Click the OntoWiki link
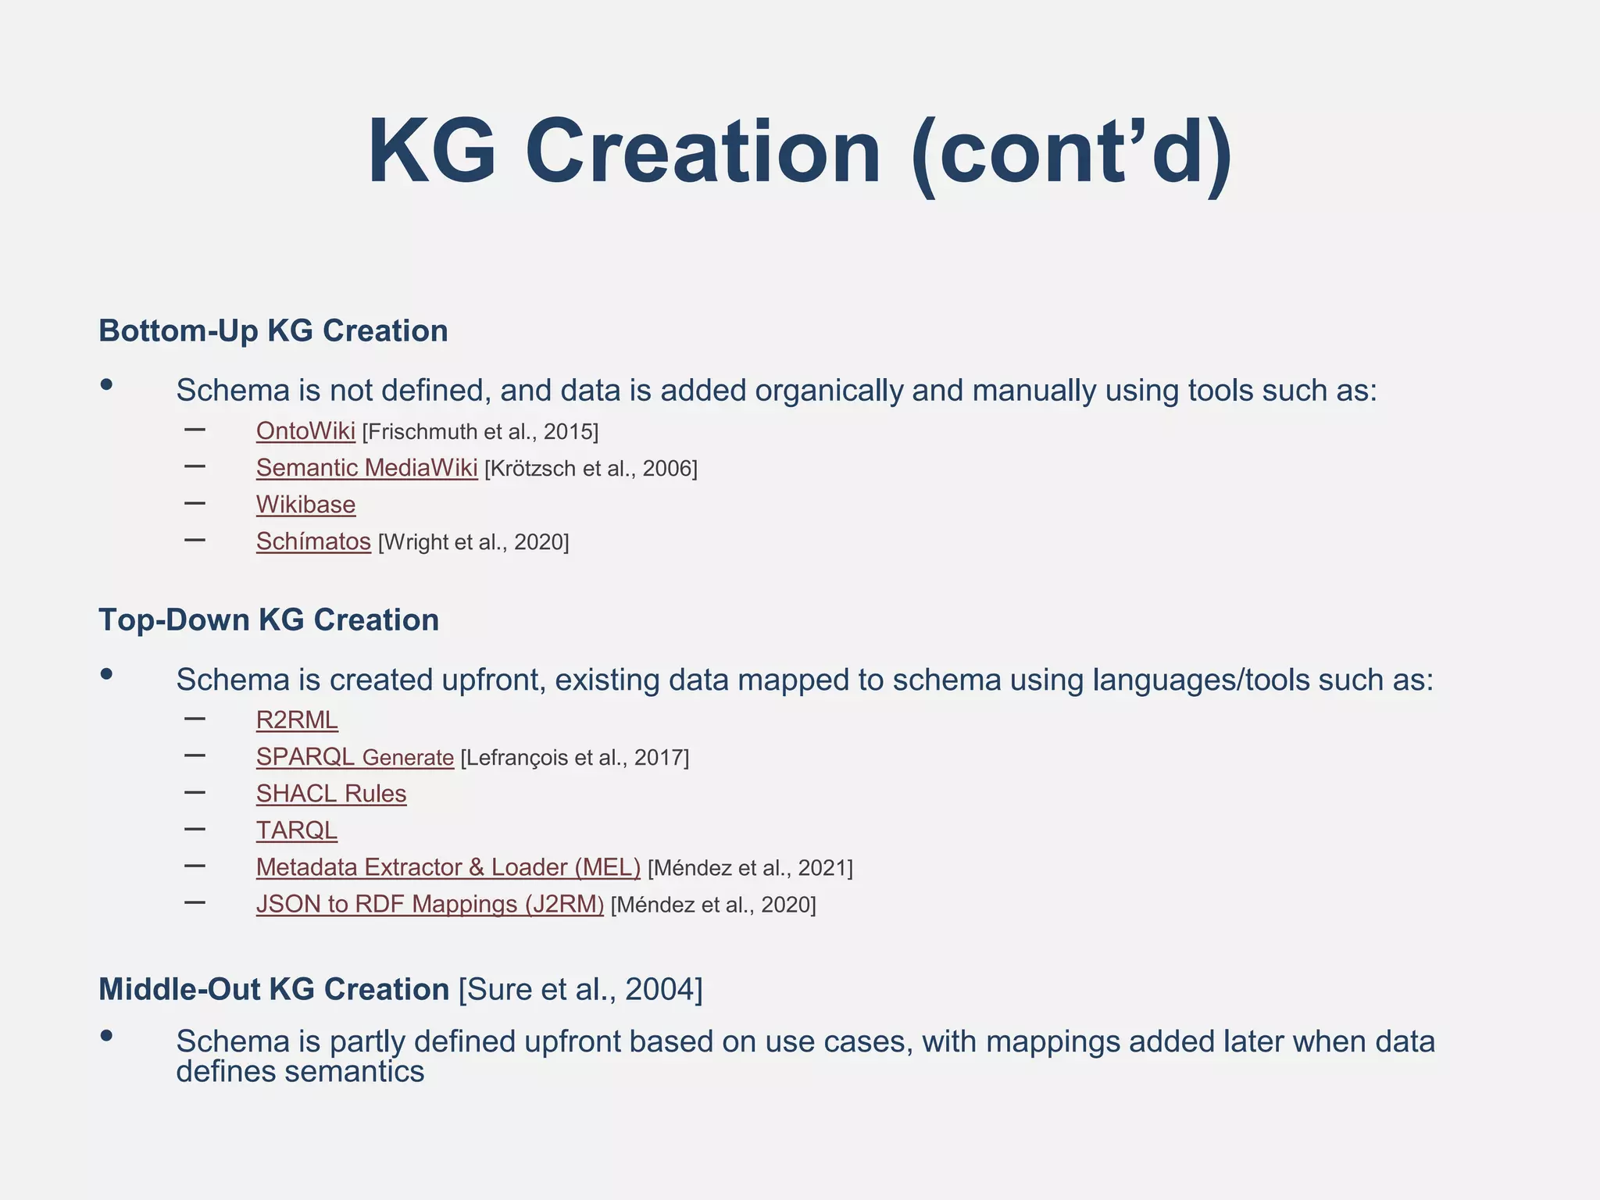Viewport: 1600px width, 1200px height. tap(305, 431)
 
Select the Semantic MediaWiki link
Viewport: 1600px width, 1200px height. tap(366, 468)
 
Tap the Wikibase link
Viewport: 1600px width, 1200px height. tap(305, 505)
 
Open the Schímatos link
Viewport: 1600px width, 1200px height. tap(313, 541)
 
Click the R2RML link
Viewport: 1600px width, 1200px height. tap(297, 720)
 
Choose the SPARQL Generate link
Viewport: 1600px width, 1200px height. tap(355, 757)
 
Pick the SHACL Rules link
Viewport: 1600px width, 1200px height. tap(331, 794)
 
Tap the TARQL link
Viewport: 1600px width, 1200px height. tap(297, 830)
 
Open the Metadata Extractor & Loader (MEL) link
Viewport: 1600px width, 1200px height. tap(448, 867)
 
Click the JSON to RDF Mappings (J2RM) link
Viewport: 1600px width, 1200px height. tap(430, 904)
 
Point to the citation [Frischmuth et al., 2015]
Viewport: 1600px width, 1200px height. tap(480, 432)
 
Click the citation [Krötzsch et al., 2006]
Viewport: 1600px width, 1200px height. tap(591, 469)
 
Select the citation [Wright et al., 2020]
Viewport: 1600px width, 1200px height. tap(473, 542)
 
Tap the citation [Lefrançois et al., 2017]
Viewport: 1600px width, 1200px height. tap(575, 758)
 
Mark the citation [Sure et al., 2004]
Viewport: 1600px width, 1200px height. tap(580, 989)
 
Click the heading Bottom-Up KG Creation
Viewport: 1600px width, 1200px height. tap(273, 330)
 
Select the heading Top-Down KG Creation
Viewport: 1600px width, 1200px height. tap(268, 620)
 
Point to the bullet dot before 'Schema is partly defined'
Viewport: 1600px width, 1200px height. tap(107, 1036)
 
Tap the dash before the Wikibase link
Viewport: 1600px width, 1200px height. tap(195, 503)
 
